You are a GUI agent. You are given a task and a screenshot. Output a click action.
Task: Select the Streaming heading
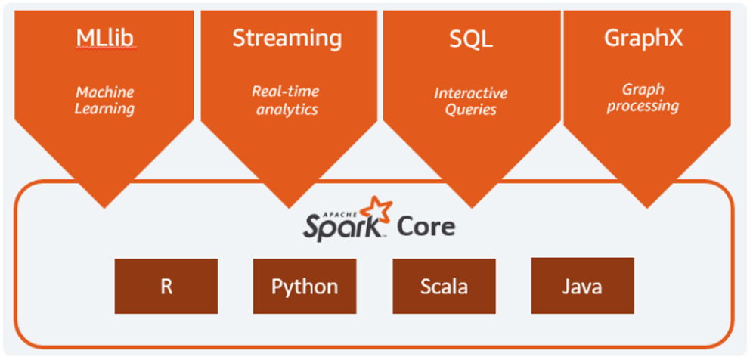point(287,38)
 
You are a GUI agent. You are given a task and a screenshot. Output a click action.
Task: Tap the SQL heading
point(470,38)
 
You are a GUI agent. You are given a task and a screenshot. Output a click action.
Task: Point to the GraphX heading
point(643,38)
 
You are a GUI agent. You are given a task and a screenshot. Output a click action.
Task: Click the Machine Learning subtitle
point(105,101)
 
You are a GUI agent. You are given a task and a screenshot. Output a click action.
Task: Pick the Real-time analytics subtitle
point(286,101)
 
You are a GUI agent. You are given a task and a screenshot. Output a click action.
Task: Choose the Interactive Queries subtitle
point(470,101)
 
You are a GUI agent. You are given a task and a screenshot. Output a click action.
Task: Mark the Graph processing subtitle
point(643,98)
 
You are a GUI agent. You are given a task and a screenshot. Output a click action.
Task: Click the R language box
point(166,286)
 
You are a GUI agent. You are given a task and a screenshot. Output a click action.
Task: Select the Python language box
point(305,286)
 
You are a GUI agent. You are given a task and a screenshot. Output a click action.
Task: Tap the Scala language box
point(444,286)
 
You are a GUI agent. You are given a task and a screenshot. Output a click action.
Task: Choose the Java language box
point(582,286)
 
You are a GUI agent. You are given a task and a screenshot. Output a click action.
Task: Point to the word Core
point(426,226)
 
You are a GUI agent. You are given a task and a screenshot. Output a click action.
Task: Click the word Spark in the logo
point(342,227)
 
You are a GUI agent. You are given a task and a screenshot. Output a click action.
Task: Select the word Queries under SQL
point(470,110)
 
